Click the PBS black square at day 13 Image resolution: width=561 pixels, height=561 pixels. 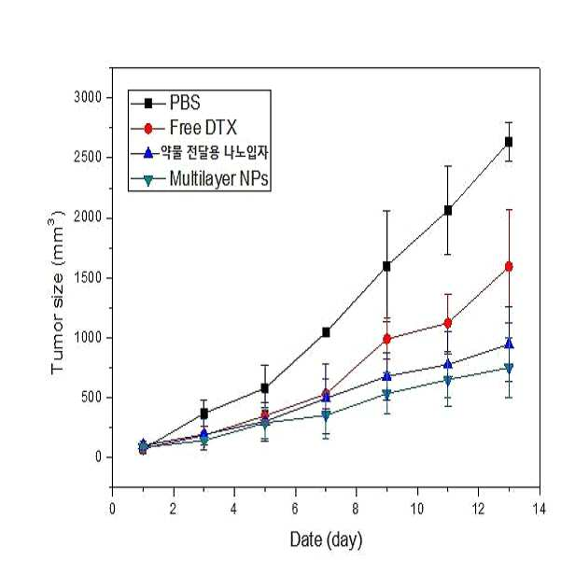509,142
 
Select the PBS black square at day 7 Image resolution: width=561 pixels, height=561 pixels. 326,332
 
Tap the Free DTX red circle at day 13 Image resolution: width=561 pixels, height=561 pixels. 509,267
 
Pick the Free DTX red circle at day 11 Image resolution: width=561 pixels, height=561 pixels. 447,323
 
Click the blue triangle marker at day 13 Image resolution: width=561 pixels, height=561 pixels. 509,344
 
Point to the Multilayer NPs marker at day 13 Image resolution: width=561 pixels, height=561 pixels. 509,368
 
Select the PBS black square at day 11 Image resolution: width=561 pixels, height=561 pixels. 447,210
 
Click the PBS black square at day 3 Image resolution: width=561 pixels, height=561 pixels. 203,414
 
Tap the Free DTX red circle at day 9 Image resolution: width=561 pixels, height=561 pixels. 386,339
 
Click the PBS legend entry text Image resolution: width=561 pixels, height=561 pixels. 185,103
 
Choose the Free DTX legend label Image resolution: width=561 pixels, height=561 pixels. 203,128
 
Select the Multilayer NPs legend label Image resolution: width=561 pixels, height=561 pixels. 218,178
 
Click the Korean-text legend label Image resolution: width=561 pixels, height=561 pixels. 214,153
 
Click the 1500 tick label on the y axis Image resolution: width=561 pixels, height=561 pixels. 88,277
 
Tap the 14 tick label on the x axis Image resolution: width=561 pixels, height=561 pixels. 539,509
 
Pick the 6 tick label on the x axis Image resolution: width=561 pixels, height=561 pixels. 295,509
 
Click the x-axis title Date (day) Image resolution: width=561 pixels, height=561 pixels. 326,540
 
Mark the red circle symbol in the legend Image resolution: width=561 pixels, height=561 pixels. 148,129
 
